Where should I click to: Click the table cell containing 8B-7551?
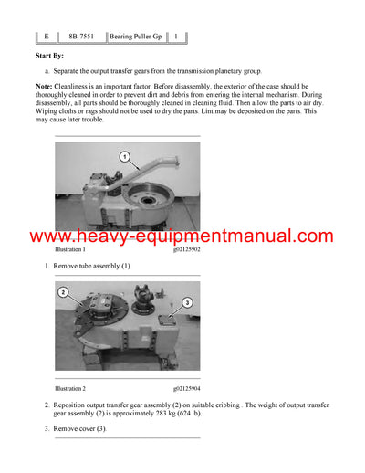[80, 37]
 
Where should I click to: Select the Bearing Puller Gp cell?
[136, 37]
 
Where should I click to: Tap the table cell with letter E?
[46, 37]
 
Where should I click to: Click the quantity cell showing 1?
[176, 37]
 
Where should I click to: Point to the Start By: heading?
[51, 57]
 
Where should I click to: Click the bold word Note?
[46, 86]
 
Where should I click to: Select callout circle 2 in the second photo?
[63, 292]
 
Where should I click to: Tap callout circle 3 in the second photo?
[185, 302]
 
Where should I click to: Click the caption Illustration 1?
[70, 248]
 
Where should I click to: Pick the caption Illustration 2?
[70, 388]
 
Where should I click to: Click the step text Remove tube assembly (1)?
[92, 265]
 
